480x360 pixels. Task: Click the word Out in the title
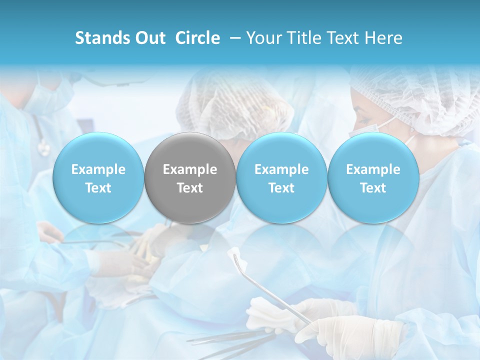pos(150,38)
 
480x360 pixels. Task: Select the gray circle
pos(190,178)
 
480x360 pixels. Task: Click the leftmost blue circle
pos(98,178)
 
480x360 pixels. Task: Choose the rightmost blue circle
pos(373,178)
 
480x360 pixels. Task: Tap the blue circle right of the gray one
pos(281,178)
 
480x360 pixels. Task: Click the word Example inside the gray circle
pos(190,169)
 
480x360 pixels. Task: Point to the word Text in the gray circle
pos(190,188)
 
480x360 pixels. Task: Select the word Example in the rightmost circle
pos(373,169)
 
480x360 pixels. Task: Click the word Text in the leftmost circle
pos(98,188)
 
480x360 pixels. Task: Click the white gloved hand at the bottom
pos(350,332)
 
